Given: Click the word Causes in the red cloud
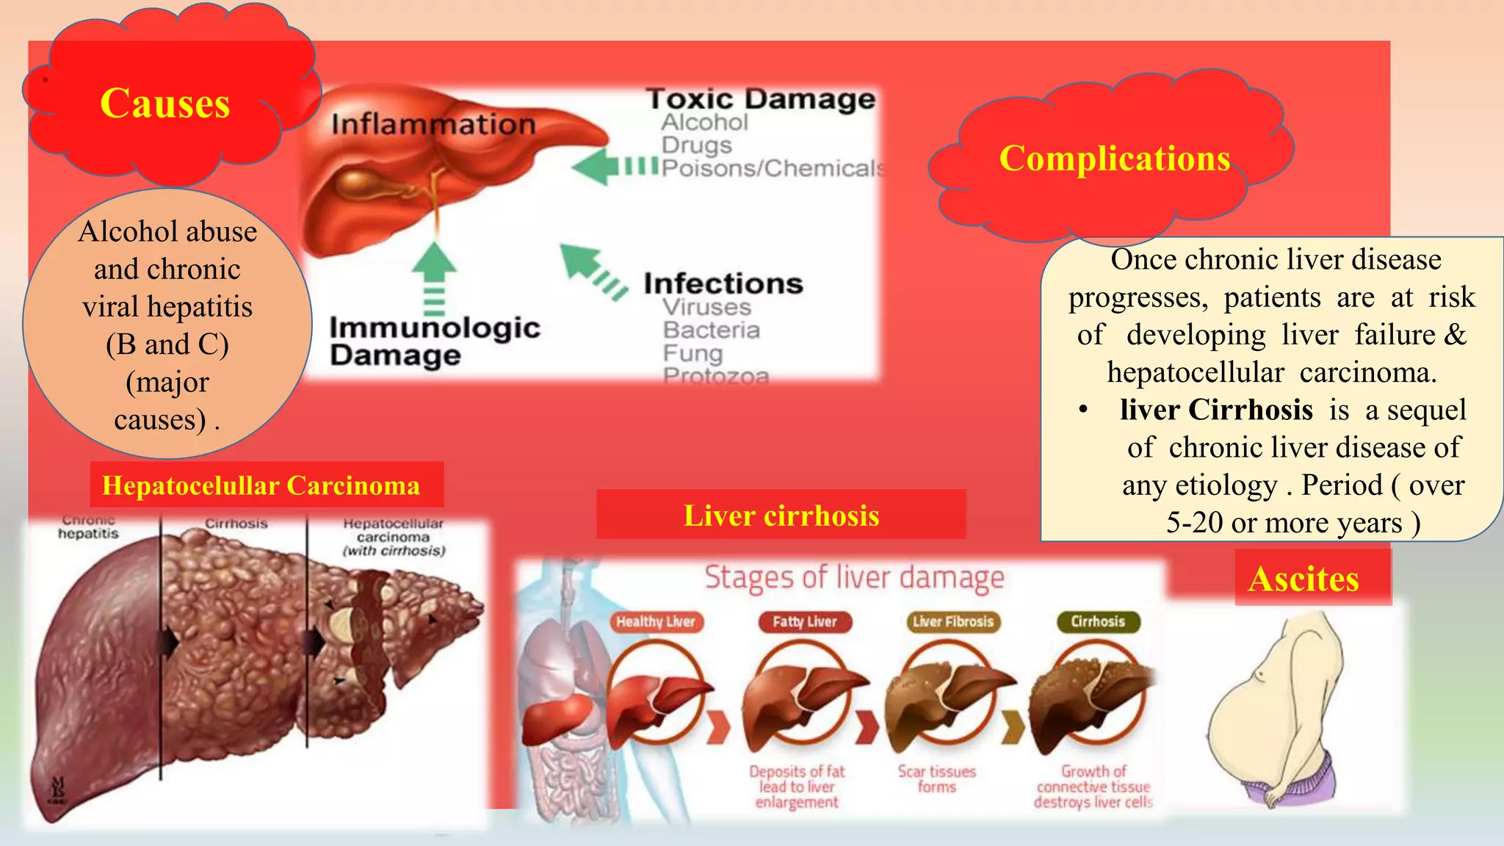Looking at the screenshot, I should point(164,104).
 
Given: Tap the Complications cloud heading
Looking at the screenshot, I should point(1114,159).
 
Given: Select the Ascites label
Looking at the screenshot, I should point(1304,579).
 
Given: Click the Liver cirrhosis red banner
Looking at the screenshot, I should point(781,516).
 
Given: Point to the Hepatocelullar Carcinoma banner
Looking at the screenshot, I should point(261,485).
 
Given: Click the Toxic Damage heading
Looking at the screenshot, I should point(761,99).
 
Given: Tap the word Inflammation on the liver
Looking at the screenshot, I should point(433,124).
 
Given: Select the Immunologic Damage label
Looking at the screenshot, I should point(433,341).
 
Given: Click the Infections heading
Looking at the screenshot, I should point(723,283).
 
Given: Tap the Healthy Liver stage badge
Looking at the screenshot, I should point(655,622).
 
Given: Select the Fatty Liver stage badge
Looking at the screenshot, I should point(804,622).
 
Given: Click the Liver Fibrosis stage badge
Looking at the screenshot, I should point(952,622).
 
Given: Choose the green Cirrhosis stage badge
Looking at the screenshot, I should point(1097,622).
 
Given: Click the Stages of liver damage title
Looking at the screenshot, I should point(854,578).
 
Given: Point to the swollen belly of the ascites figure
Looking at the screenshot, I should point(1248,727).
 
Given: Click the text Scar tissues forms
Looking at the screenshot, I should point(936,779).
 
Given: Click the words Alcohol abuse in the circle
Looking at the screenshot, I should point(167,232).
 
